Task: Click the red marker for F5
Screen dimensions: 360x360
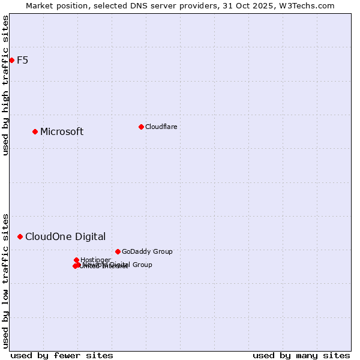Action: pos(11,60)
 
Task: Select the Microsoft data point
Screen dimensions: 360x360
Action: pos(35,131)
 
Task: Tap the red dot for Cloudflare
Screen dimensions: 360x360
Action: pos(141,127)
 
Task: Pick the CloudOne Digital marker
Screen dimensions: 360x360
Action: pos(20,236)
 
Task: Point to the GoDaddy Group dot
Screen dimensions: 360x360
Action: pos(118,251)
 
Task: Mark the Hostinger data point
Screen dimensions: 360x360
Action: pos(76,260)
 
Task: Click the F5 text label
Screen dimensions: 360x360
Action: pos(22,60)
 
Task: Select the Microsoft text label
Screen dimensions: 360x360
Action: pos(62,132)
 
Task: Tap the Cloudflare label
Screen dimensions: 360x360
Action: pos(161,127)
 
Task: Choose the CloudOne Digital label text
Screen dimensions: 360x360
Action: pos(65,237)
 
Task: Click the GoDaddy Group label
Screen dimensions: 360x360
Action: pos(147,251)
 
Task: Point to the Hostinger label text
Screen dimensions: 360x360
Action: pos(95,260)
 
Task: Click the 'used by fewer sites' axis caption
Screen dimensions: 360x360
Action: pos(62,355)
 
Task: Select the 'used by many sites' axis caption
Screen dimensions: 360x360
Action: pos(301,355)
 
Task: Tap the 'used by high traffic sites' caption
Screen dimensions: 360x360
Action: pos(5,85)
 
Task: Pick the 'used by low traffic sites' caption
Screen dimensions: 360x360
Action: pos(5,280)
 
